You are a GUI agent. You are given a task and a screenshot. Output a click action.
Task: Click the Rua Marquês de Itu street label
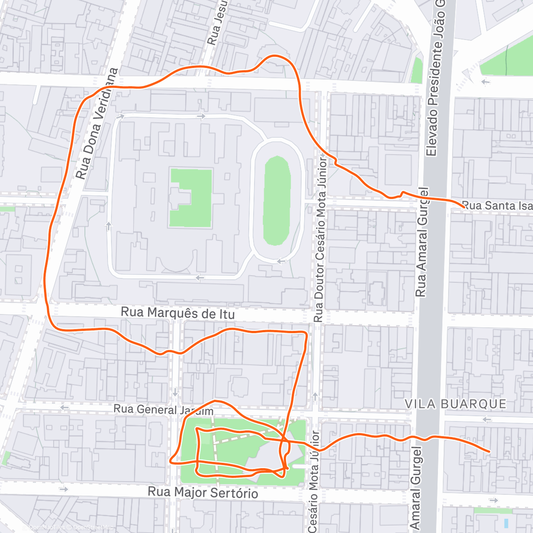[178, 313]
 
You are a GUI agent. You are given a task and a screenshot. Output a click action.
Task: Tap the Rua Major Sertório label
[203, 493]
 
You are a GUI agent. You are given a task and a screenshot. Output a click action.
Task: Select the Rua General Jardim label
[163, 410]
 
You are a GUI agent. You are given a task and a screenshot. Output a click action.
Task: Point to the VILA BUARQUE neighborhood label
[455, 404]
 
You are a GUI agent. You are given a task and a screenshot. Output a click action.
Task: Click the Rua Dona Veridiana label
[96, 123]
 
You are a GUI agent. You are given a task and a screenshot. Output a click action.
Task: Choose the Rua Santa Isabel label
[497, 206]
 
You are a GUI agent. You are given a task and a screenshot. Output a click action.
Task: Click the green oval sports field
[277, 200]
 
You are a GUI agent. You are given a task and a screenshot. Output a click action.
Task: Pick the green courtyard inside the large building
[191, 198]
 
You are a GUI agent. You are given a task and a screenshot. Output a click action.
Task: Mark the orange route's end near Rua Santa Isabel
[464, 207]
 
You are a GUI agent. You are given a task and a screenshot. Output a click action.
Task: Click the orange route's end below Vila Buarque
[489, 451]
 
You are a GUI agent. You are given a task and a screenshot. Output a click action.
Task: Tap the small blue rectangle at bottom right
[507, 523]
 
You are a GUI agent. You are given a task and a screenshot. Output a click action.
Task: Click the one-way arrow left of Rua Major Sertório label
[64, 489]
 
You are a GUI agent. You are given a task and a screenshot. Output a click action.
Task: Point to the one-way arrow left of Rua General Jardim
[65, 407]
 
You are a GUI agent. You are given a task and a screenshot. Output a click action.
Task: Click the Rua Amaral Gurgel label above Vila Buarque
[421, 242]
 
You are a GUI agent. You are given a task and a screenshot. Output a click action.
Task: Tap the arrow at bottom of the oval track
[281, 261]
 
